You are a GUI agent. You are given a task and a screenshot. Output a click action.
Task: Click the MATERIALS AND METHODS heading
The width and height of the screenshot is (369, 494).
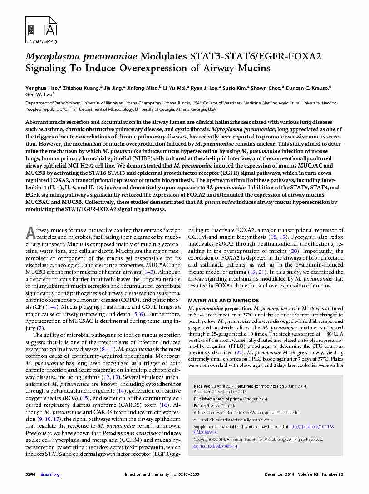pos(223,301)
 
